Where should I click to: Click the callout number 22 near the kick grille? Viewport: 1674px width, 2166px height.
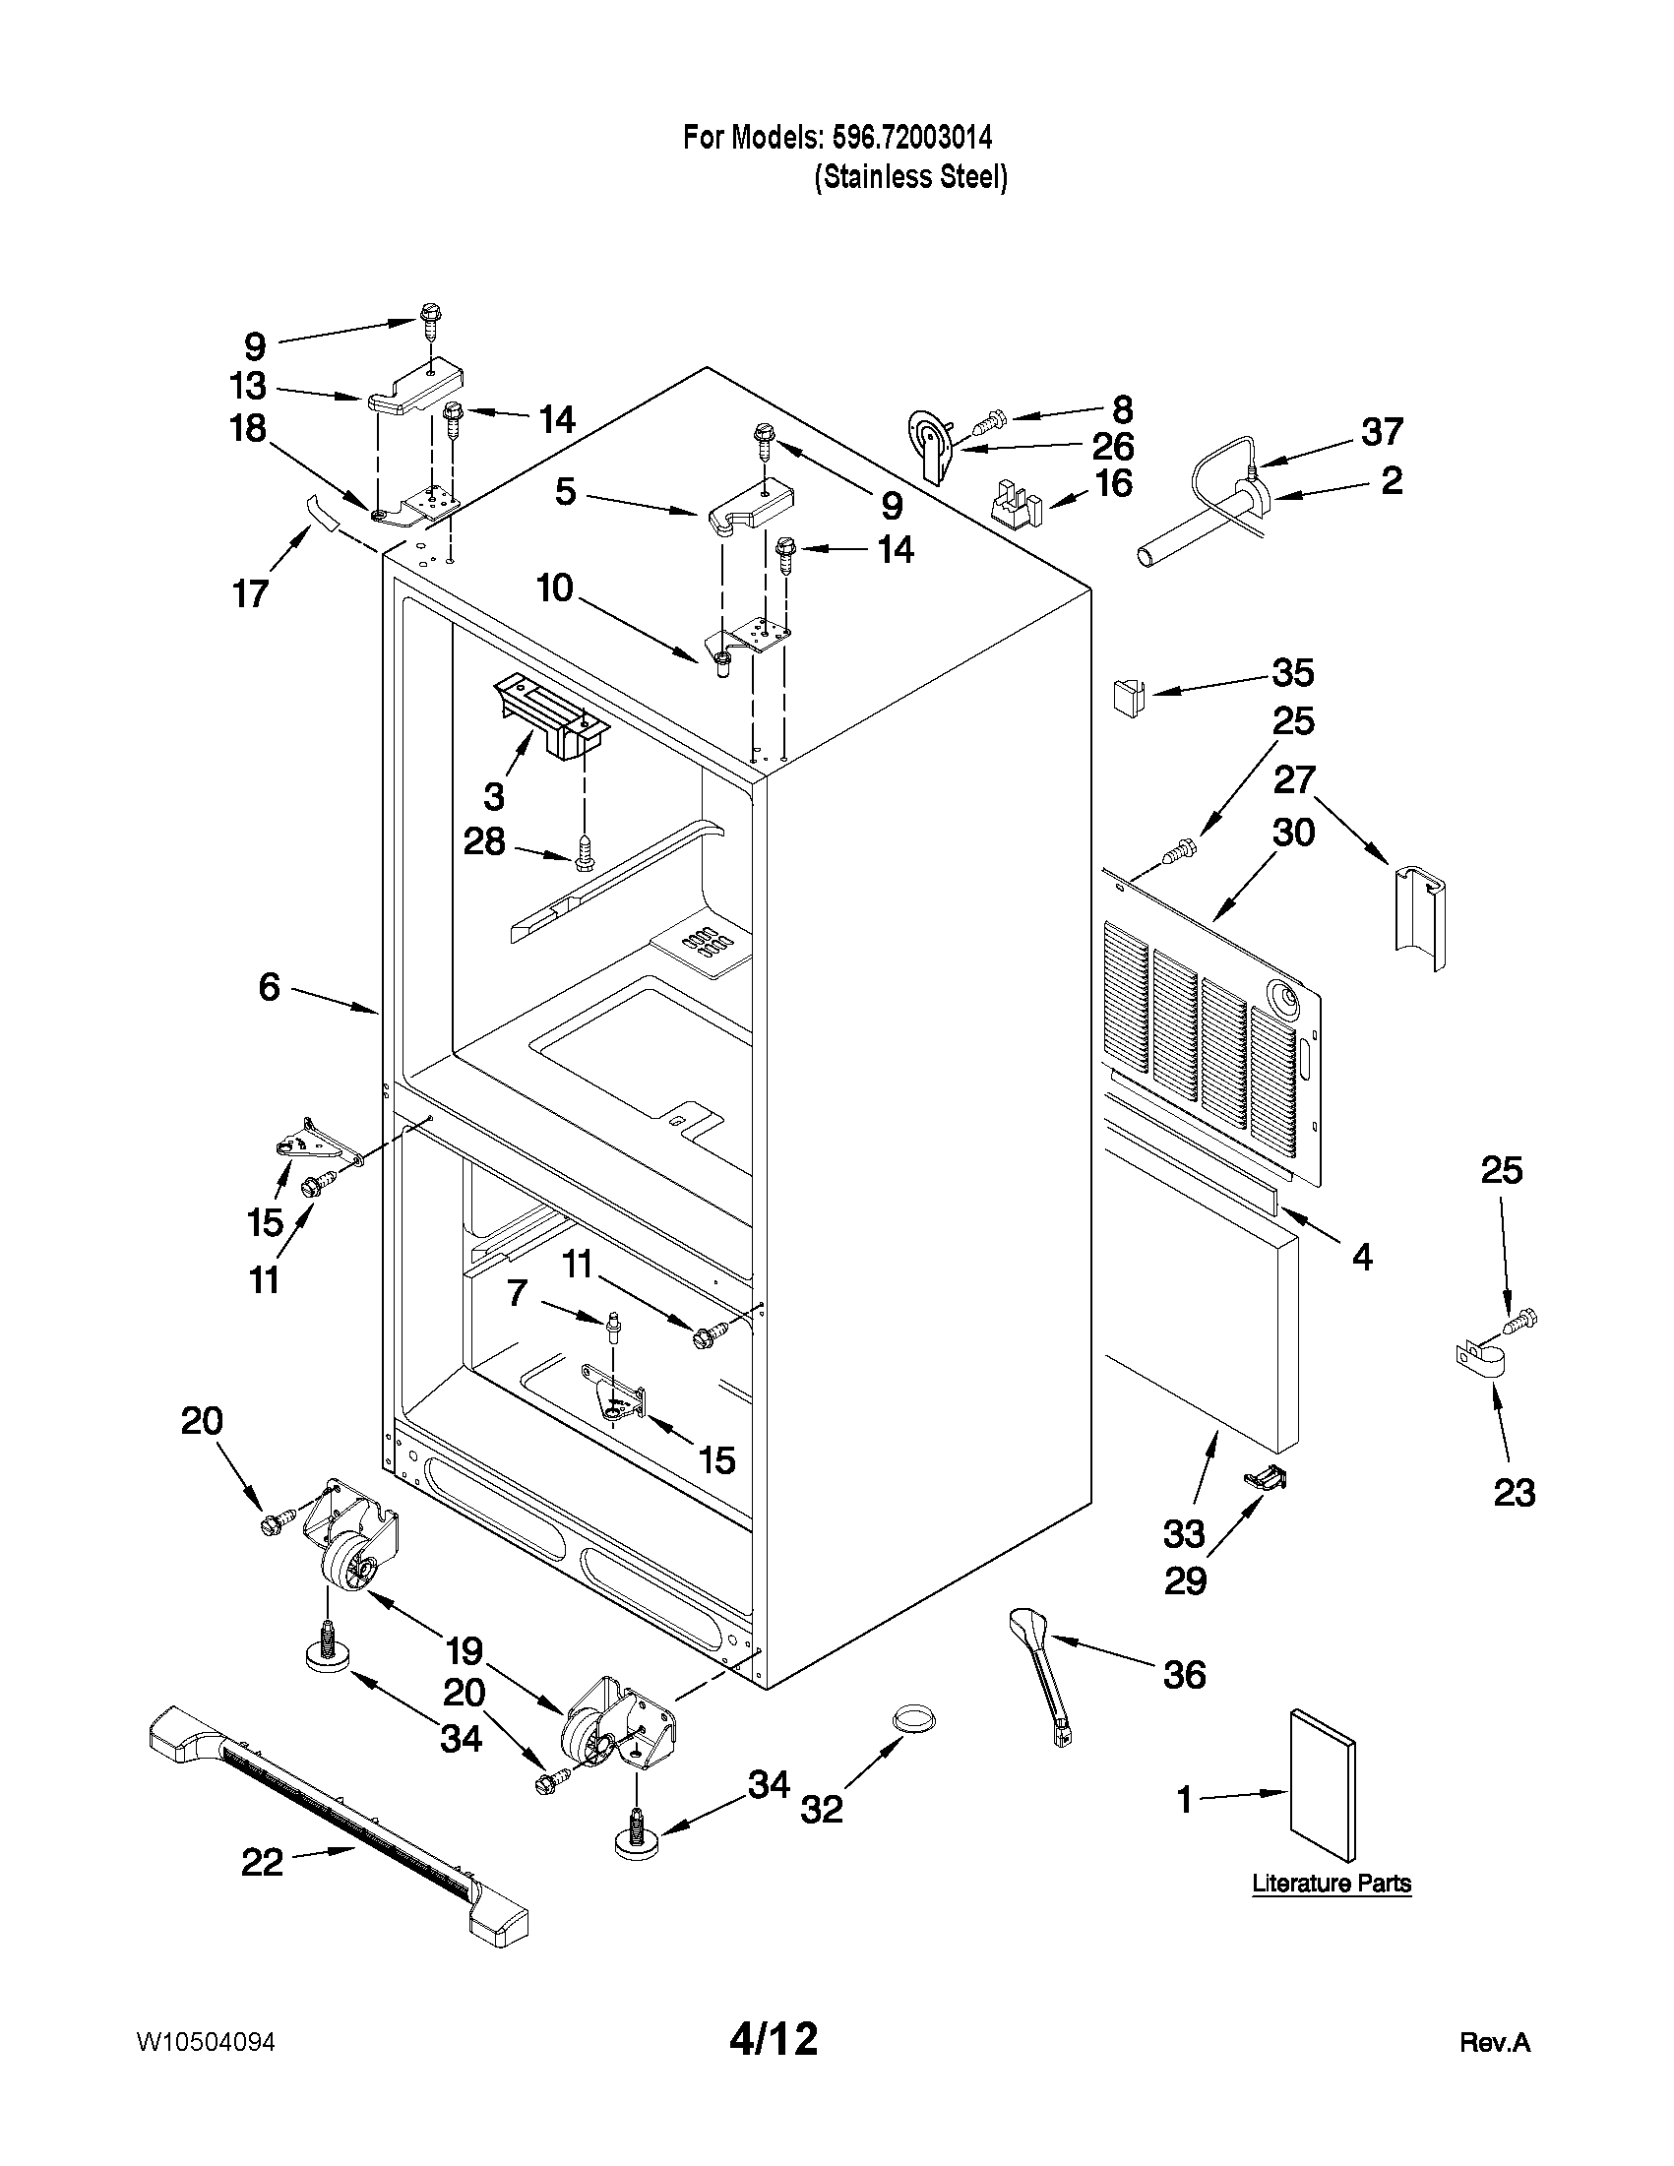click(262, 1862)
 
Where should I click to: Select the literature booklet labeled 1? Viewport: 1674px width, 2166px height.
click(1321, 1787)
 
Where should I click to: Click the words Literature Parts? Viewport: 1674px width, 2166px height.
click(1331, 1884)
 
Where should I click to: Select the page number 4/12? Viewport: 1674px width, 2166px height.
click(774, 2039)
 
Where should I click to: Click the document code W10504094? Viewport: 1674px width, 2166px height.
click(206, 2042)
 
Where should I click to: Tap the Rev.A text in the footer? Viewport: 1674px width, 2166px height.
click(1495, 2043)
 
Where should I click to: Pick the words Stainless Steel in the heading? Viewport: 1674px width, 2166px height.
click(910, 177)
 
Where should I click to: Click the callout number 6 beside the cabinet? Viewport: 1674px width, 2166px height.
click(270, 987)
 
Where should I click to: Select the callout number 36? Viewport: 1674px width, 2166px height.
click(1184, 1675)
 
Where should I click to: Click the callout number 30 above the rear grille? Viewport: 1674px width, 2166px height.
click(1293, 833)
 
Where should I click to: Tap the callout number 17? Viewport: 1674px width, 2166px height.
click(251, 593)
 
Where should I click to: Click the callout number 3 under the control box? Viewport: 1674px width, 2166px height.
click(494, 795)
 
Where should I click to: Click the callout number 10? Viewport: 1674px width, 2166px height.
click(555, 588)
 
